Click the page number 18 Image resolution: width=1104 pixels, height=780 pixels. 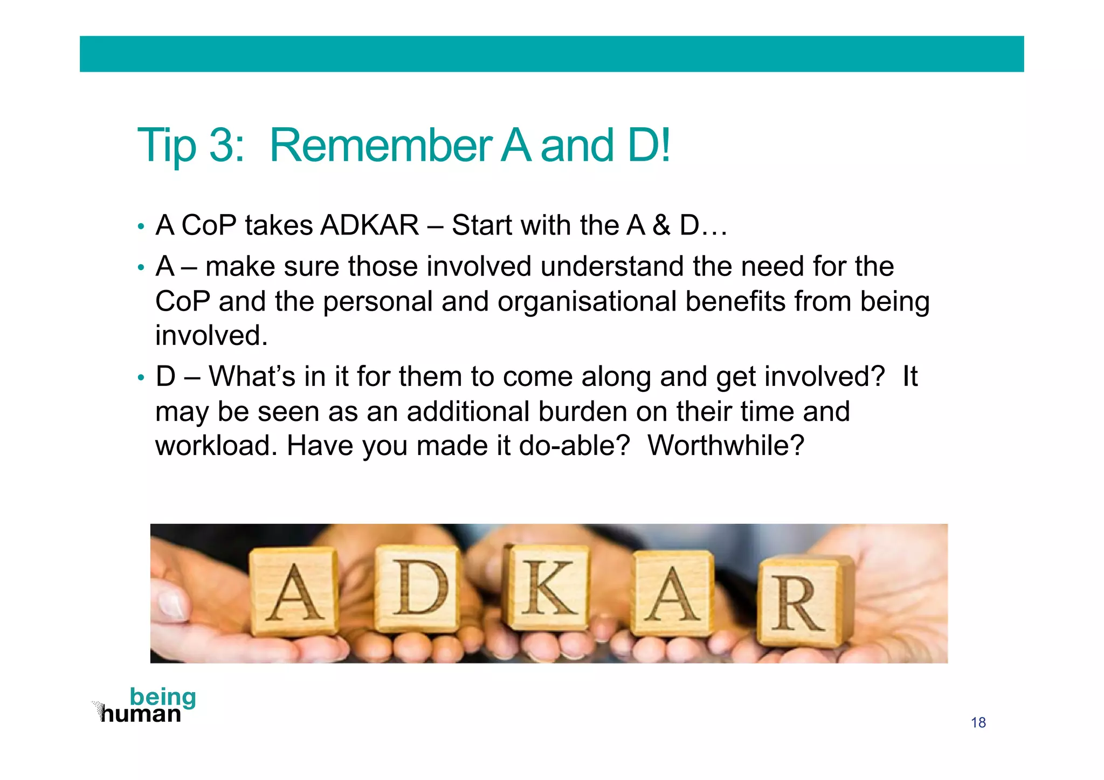[x=978, y=722]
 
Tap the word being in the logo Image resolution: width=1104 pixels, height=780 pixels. [x=163, y=697]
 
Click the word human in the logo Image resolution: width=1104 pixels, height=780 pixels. [x=141, y=714]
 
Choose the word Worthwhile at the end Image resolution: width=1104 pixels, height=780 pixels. [x=726, y=446]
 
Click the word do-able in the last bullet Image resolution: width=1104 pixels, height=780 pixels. [x=574, y=446]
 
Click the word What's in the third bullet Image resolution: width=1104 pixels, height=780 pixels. [x=252, y=376]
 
